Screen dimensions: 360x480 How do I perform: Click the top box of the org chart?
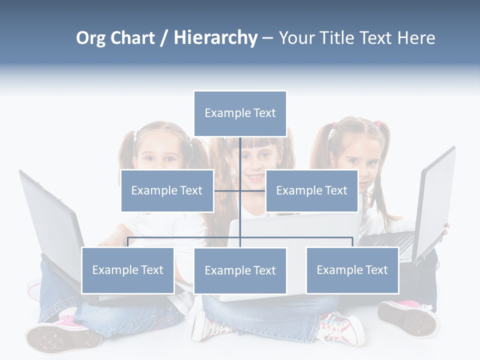tap(240, 113)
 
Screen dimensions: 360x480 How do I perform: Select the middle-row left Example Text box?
tap(167, 190)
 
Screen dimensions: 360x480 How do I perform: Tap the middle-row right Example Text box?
tap(311, 190)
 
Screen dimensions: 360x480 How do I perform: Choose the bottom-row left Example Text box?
tap(127, 270)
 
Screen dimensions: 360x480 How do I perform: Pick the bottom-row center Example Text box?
tap(240, 270)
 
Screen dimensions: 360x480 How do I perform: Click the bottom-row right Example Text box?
tap(352, 270)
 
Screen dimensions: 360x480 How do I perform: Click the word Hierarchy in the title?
tap(215, 38)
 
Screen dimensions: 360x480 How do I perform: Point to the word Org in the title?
tap(91, 38)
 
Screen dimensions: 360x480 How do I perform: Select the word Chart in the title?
tap(132, 38)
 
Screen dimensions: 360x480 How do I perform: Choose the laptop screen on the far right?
tap(435, 200)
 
